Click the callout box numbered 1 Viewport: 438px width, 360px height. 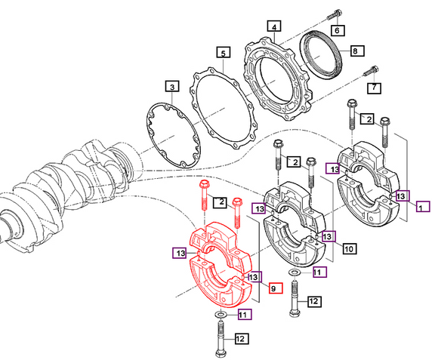423,205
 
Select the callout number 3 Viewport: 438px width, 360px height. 172,88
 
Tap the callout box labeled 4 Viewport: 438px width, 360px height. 275,26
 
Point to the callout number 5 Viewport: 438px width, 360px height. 223,53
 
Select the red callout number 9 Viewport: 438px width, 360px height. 275,288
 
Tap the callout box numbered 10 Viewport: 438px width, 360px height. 349,248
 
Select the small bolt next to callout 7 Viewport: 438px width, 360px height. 368,72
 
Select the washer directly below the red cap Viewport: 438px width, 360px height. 220,313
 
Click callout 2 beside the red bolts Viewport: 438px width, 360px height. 221,202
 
